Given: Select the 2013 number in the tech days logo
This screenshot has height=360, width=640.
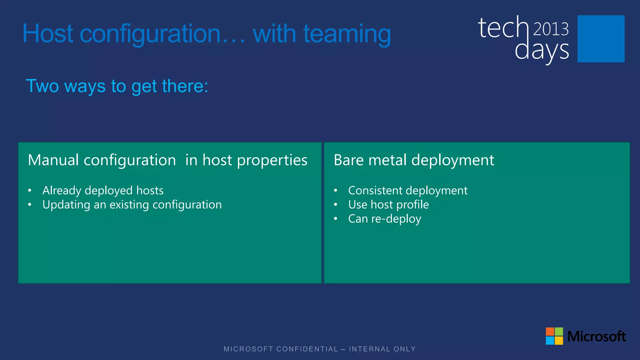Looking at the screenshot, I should coord(551,29).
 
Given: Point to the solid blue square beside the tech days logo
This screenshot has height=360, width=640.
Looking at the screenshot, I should coord(601,39).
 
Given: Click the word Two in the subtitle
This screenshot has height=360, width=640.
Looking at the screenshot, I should coord(42,86).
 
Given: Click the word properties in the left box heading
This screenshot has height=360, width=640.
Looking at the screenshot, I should coord(272,161).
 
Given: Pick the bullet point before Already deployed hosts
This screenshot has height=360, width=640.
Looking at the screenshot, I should coord(30,191).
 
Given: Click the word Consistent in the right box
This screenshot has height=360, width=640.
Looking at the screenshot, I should coord(375,190).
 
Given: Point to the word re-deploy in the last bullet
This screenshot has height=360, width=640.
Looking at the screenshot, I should coord(396,219).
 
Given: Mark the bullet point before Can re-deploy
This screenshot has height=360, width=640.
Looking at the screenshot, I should coord(335,219).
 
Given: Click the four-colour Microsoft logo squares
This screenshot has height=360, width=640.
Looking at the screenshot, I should coord(554,336).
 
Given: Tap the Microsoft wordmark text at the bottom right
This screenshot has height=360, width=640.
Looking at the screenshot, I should coord(596,337).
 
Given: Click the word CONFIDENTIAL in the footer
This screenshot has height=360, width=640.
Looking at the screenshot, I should coord(307,349).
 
